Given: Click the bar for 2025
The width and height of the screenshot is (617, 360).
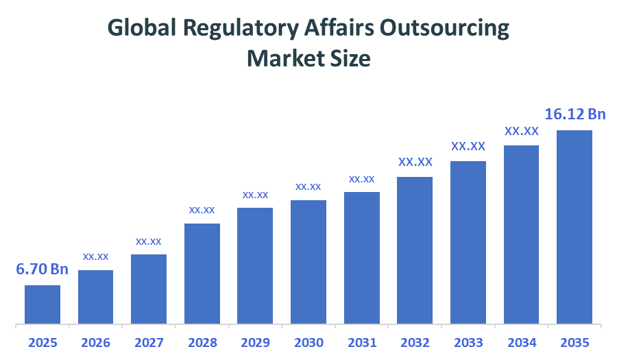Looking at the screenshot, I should pos(43,304).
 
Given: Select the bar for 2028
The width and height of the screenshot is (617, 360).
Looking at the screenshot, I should pos(202,273).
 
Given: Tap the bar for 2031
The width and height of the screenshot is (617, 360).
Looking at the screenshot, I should pos(361,257).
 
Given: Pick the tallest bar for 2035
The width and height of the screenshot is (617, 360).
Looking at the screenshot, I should pos(574,226).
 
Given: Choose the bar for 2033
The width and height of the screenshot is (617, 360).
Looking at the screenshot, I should pos(468,242).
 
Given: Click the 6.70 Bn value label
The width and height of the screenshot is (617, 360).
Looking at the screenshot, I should pos(43,269).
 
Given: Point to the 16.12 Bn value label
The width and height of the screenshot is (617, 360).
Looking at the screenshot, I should pos(574,114).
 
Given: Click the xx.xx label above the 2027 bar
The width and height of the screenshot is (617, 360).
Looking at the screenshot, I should pos(149,241).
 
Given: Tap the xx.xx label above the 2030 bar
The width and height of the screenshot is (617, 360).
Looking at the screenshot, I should pos(308,187).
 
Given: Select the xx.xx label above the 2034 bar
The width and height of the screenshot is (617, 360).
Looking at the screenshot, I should pos(521,130).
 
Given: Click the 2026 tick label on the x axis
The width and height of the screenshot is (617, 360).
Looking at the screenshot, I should pos(95,342).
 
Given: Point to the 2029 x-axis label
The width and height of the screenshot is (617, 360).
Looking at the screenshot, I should pos(255,342).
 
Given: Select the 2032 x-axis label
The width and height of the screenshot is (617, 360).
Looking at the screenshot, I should pos(415,342).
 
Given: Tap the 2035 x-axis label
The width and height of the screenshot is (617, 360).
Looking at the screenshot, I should pos(574,342).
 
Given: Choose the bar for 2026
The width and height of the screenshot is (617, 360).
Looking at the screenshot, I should pos(95,296).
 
